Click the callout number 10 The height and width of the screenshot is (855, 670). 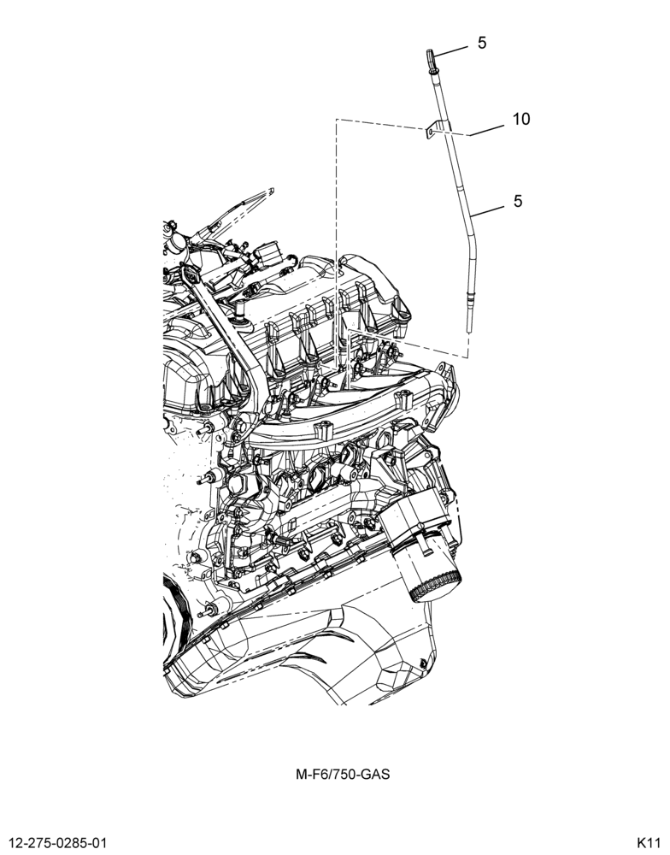(521, 119)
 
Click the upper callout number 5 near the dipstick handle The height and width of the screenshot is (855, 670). (482, 43)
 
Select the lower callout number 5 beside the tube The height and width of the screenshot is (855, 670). (517, 201)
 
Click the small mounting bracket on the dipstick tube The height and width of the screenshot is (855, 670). (433, 130)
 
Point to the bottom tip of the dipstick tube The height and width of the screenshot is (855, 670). (467, 330)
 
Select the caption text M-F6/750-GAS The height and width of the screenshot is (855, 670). (343, 774)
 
